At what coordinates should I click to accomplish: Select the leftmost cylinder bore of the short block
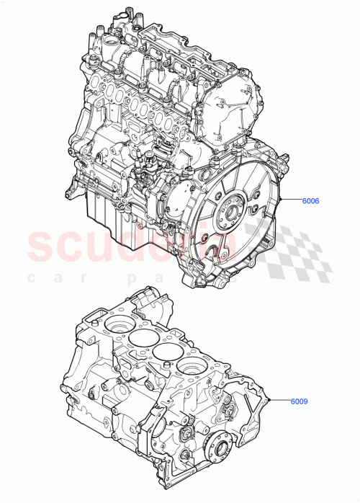117,326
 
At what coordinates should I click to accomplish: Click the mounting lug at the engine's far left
70,192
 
